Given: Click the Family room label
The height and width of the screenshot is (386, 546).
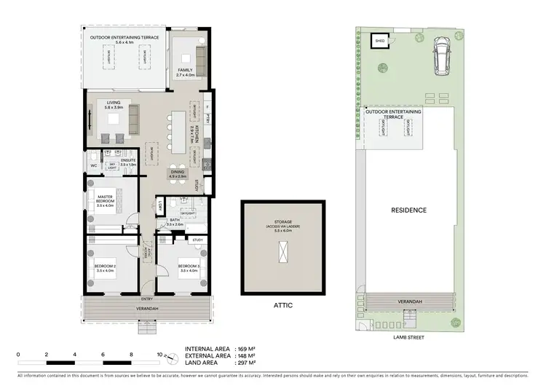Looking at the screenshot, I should pos(186,71).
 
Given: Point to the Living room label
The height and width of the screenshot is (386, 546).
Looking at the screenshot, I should pos(114,105).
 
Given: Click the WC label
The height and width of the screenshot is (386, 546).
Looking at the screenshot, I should pos(94,166).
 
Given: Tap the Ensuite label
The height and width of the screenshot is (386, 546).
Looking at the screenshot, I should pos(129,161).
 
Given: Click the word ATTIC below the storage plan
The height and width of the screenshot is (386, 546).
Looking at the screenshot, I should pos(283,305).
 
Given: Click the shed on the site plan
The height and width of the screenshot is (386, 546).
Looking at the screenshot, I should pos(379,42).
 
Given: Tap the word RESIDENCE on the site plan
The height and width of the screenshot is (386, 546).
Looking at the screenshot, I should pos(408,210).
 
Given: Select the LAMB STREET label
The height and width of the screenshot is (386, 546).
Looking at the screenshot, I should pos(408,338).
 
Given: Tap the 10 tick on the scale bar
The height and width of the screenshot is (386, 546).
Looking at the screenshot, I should pos(159,355).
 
